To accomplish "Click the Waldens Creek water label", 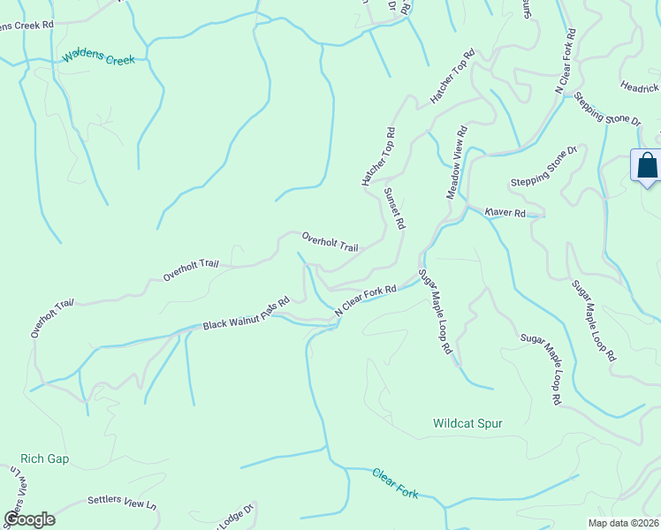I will click(98, 59).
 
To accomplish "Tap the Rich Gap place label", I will click(44, 459).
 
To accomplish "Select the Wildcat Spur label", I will click(467, 424).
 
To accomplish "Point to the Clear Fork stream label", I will click(394, 482).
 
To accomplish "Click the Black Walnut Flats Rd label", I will click(247, 314).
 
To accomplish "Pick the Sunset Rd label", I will click(393, 208).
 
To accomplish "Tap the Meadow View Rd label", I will click(455, 162).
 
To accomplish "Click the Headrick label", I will click(640, 87).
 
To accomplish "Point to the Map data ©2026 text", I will click(623, 523).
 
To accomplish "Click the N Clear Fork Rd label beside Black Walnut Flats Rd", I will click(365, 301).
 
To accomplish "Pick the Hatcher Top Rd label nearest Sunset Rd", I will click(378, 156).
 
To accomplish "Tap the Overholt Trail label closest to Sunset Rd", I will click(330, 241).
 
